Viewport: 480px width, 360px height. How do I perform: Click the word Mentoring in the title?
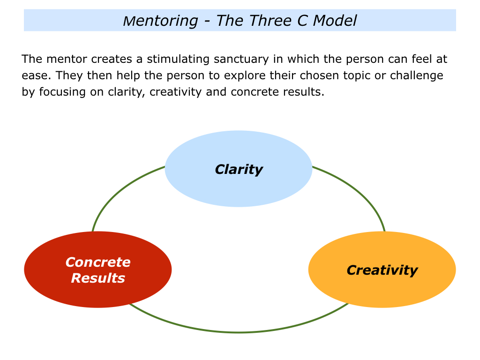[160, 21]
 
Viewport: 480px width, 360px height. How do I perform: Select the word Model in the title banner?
[335, 21]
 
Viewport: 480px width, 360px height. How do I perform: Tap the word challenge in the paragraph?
[416, 75]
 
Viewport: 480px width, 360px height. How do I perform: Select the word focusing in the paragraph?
[62, 92]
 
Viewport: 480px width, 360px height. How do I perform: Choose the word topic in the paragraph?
[357, 75]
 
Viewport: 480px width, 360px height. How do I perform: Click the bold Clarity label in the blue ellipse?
[239, 170]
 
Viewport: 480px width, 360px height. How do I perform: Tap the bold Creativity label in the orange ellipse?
[382, 270]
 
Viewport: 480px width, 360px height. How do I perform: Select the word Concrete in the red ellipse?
[98, 262]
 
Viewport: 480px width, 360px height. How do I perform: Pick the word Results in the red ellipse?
[98, 278]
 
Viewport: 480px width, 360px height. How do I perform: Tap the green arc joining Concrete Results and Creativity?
[239, 332]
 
